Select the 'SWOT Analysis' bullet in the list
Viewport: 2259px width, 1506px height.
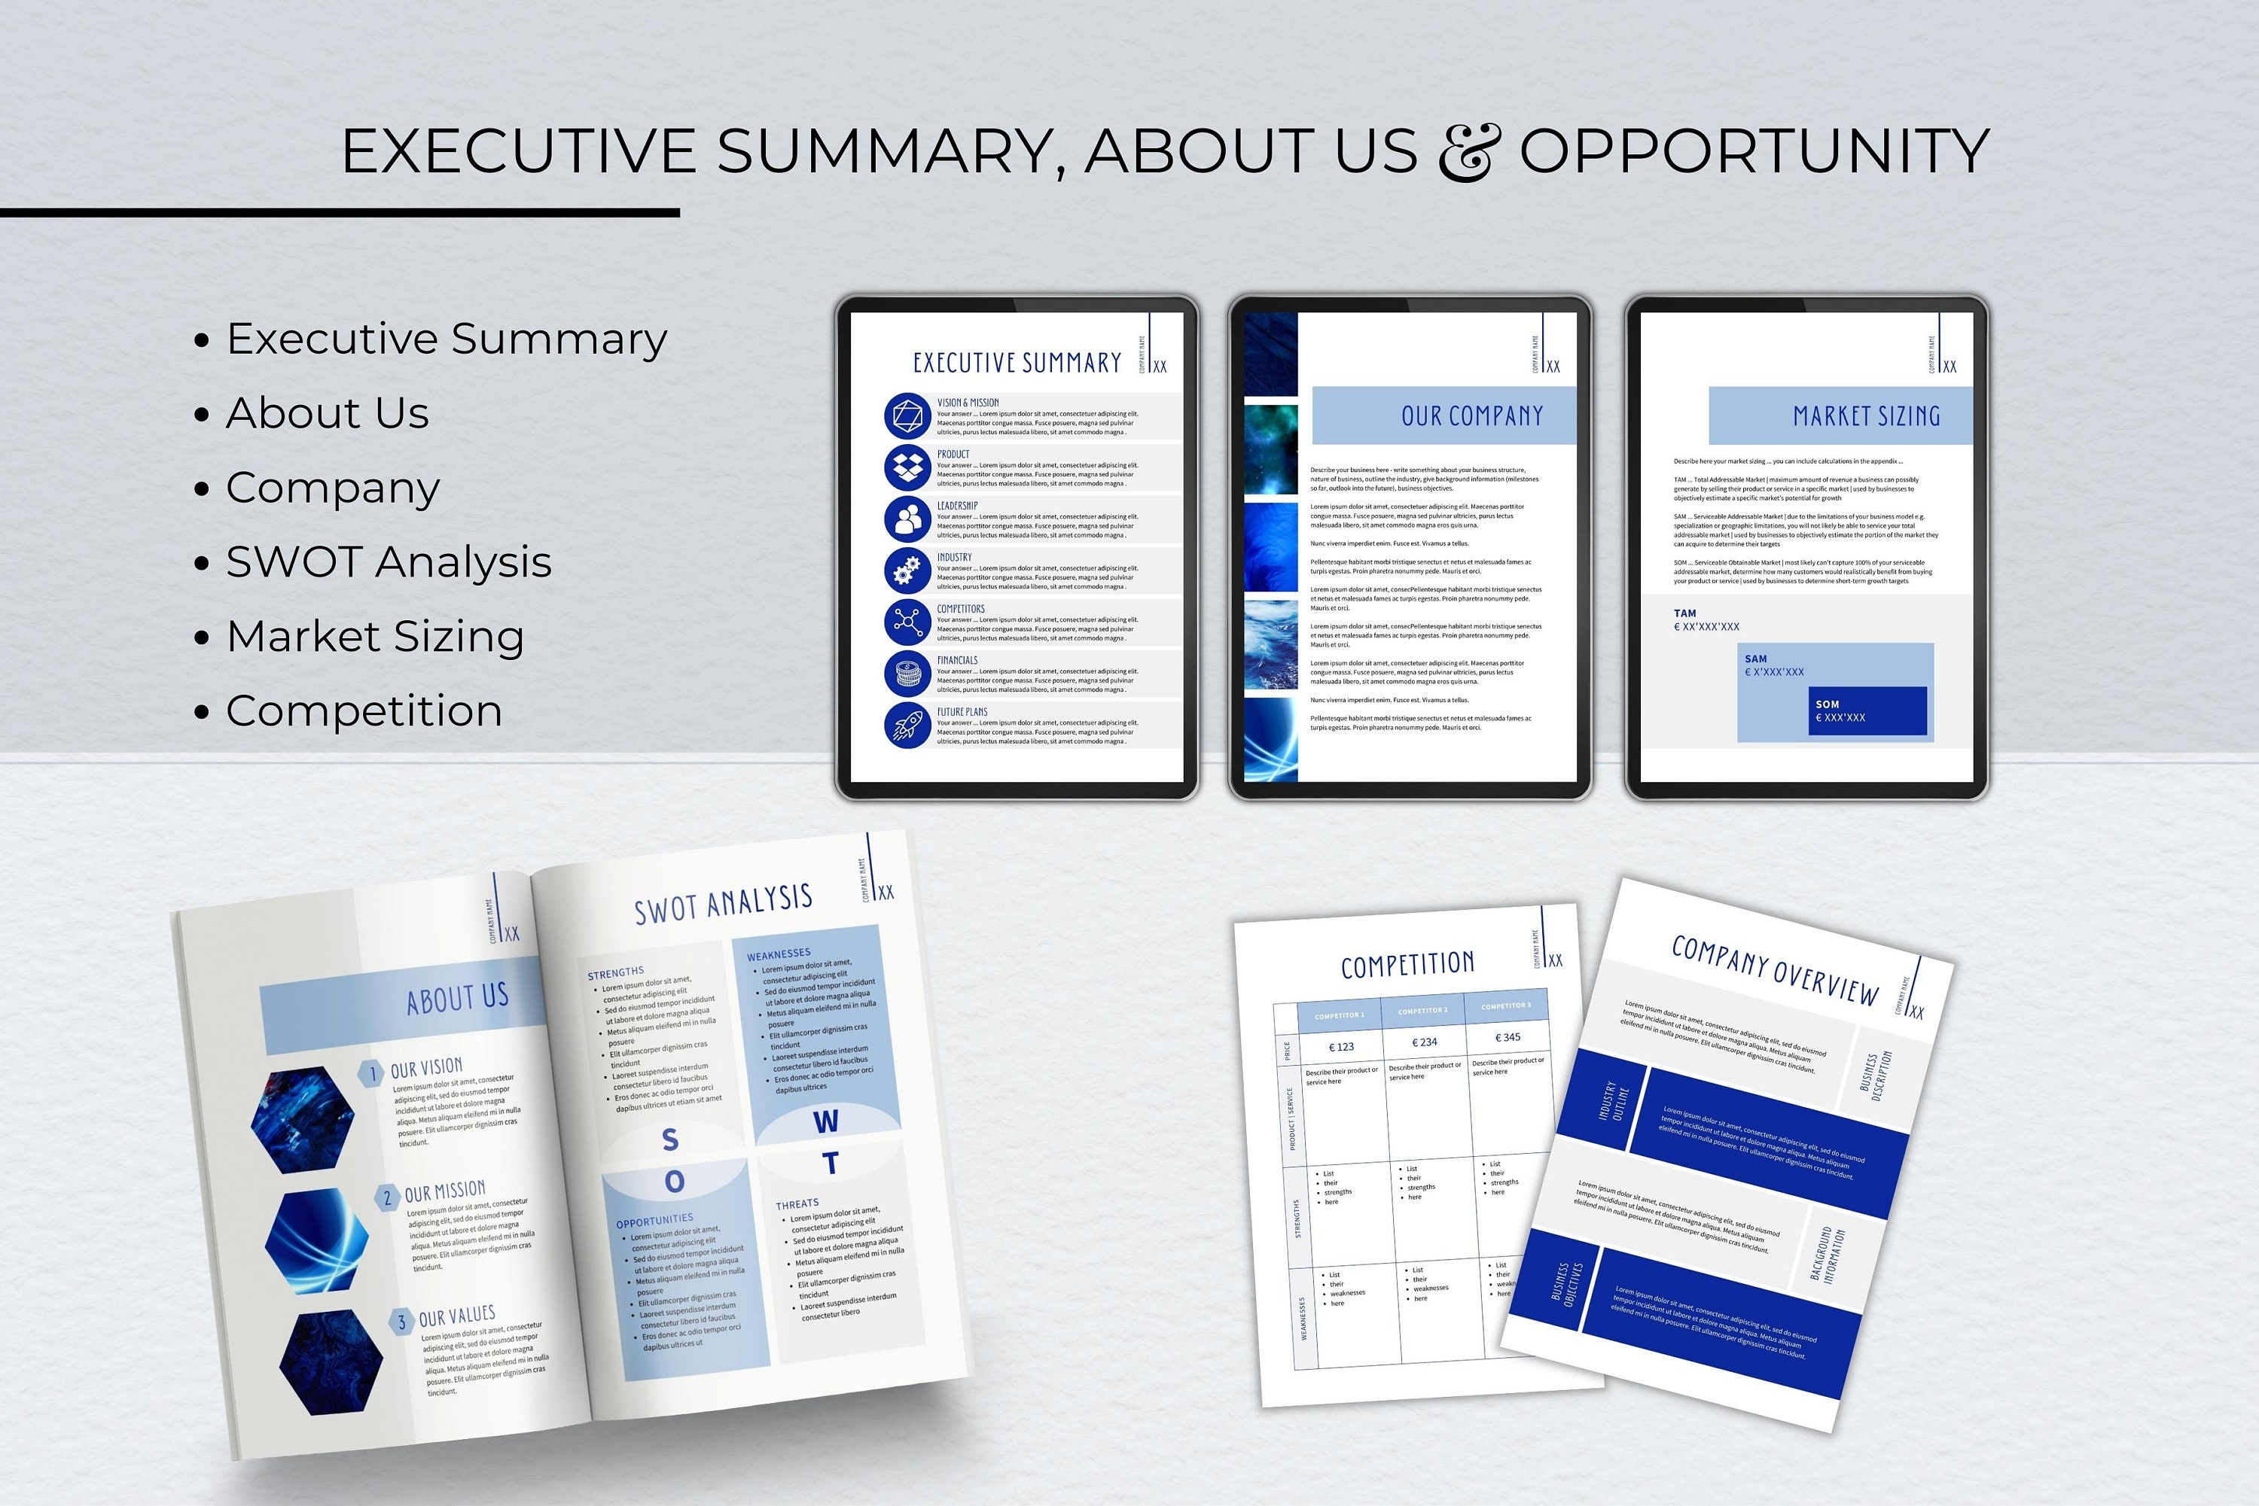point(389,562)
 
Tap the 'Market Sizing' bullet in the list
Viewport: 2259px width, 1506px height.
point(375,636)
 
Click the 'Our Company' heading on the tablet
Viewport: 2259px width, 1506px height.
point(1471,416)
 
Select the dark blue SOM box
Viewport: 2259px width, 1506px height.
point(1866,710)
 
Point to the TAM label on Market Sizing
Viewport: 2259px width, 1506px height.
point(1684,613)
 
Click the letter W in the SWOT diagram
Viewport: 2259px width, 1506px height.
point(825,1121)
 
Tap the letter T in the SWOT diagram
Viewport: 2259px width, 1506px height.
point(831,1164)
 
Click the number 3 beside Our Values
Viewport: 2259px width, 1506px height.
point(401,1322)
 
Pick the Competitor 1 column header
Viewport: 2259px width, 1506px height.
point(1339,1015)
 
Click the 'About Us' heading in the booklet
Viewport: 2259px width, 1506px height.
point(456,999)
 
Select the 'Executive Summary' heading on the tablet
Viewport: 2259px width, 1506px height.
point(1017,363)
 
